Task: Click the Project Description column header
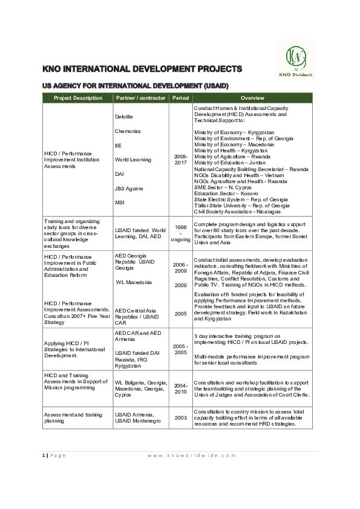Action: (78, 98)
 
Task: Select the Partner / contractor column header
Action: (141, 98)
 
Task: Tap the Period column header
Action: (181, 98)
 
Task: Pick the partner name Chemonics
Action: (128, 131)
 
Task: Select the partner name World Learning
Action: (131, 160)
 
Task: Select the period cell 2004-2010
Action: (181, 387)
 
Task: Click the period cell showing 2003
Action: (181, 417)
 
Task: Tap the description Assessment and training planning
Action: (67, 417)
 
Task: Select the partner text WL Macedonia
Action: (134, 282)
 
